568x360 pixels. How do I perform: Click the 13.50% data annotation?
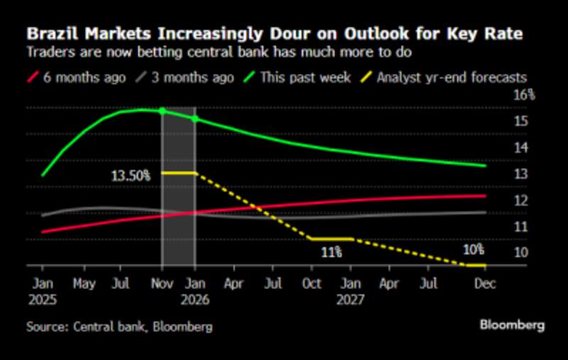coord(131,175)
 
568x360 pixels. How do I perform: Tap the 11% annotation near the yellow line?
coord(329,252)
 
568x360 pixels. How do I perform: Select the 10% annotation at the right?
coord(474,250)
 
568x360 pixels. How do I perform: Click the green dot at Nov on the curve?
coord(163,111)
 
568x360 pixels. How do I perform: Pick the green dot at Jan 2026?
coord(195,118)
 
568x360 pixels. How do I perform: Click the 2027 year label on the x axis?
coord(350,299)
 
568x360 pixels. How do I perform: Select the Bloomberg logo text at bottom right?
coord(512,326)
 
